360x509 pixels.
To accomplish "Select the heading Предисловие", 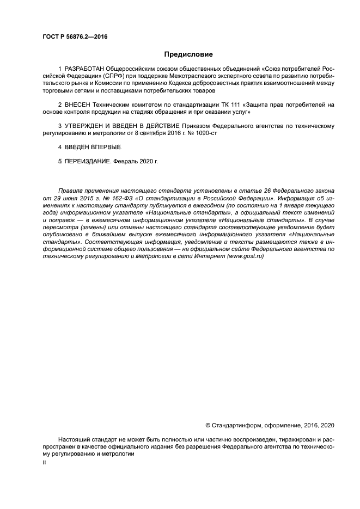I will tap(188, 54).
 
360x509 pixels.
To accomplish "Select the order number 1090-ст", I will tap(206, 132).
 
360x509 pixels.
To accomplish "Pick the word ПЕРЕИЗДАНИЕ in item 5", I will tap(88, 161).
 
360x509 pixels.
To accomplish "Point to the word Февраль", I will tap(126, 161).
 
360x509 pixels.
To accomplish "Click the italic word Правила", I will tap(71, 190).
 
